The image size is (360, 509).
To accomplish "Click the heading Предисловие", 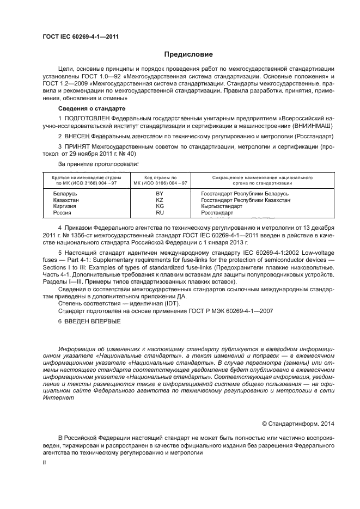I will pyautogui.click(x=188, y=55).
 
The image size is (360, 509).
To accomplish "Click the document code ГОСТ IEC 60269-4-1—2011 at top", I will pyautogui.click(x=81, y=37).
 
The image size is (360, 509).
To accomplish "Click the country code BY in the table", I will pyautogui.click(x=160, y=194).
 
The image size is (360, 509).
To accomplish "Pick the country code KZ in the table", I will pyautogui.click(x=160, y=200).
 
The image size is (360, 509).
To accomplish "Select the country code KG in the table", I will pyautogui.click(x=160, y=207).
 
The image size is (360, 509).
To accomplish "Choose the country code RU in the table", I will pyautogui.click(x=160, y=213).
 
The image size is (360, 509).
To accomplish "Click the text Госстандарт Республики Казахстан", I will pyautogui.click(x=245, y=200).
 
